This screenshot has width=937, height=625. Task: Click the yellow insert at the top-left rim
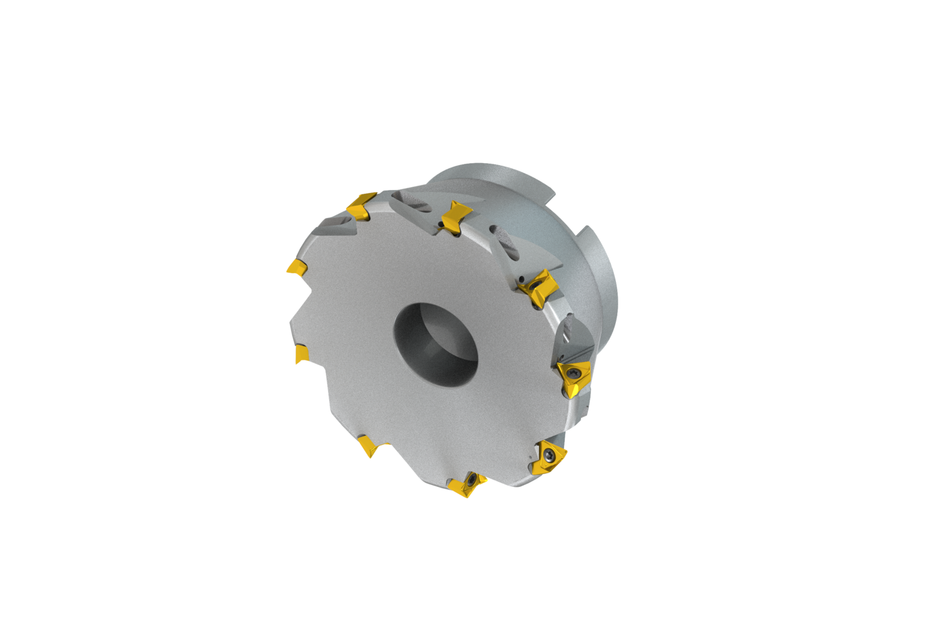tap(361, 207)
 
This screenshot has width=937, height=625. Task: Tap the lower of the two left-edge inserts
tap(302, 353)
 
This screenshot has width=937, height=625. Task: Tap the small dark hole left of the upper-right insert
tap(520, 277)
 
